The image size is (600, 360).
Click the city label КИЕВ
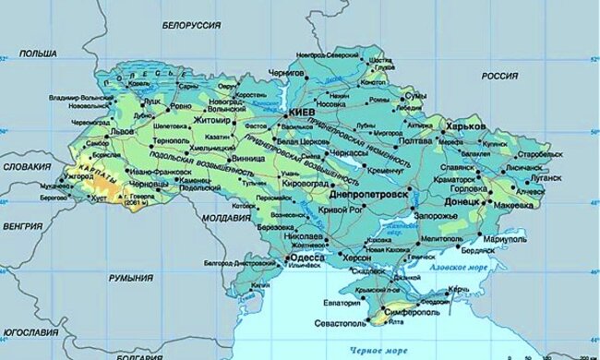click(304, 112)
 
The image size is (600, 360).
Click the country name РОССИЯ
click(499, 75)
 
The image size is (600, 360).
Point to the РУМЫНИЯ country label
click(129, 276)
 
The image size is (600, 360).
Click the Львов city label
click(123, 132)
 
